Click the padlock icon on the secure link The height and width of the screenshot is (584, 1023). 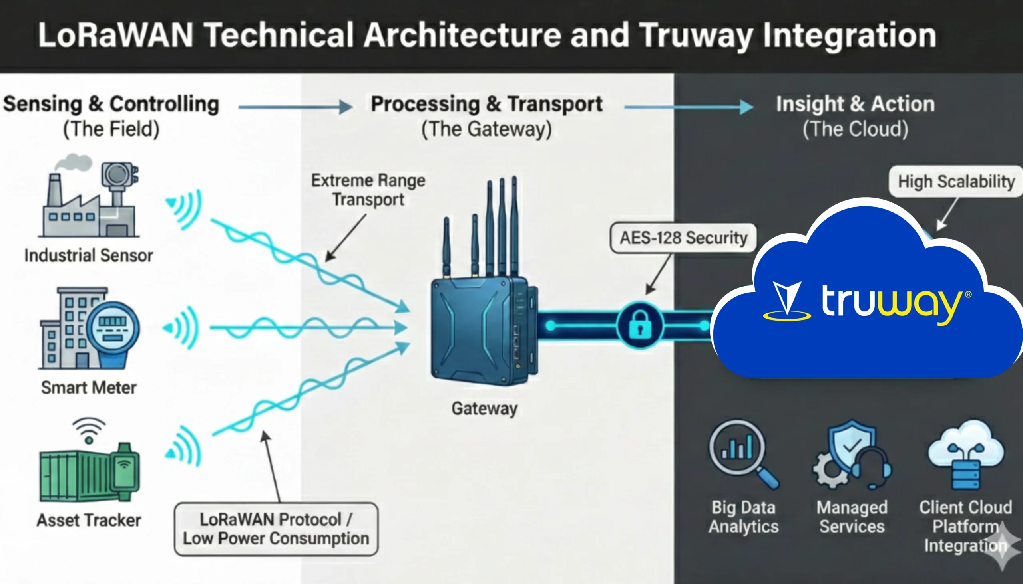(640, 325)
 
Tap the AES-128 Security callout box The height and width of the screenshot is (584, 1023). (683, 238)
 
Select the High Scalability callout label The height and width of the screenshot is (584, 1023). (956, 182)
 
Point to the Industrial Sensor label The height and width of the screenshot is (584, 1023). (89, 255)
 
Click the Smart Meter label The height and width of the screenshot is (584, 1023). (89, 388)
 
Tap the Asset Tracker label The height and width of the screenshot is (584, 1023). (89, 520)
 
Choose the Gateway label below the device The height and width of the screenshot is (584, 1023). (485, 408)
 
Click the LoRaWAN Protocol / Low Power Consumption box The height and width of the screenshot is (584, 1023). (276, 529)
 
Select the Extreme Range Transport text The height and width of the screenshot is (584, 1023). (368, 190)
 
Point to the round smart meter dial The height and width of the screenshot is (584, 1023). (113, 329)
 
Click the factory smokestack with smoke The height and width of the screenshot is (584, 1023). (56, 188)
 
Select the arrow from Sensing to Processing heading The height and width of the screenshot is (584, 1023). (295, 107)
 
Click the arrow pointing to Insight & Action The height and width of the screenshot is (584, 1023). (688, 107)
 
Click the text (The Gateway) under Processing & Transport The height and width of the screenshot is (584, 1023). (486, 129)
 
